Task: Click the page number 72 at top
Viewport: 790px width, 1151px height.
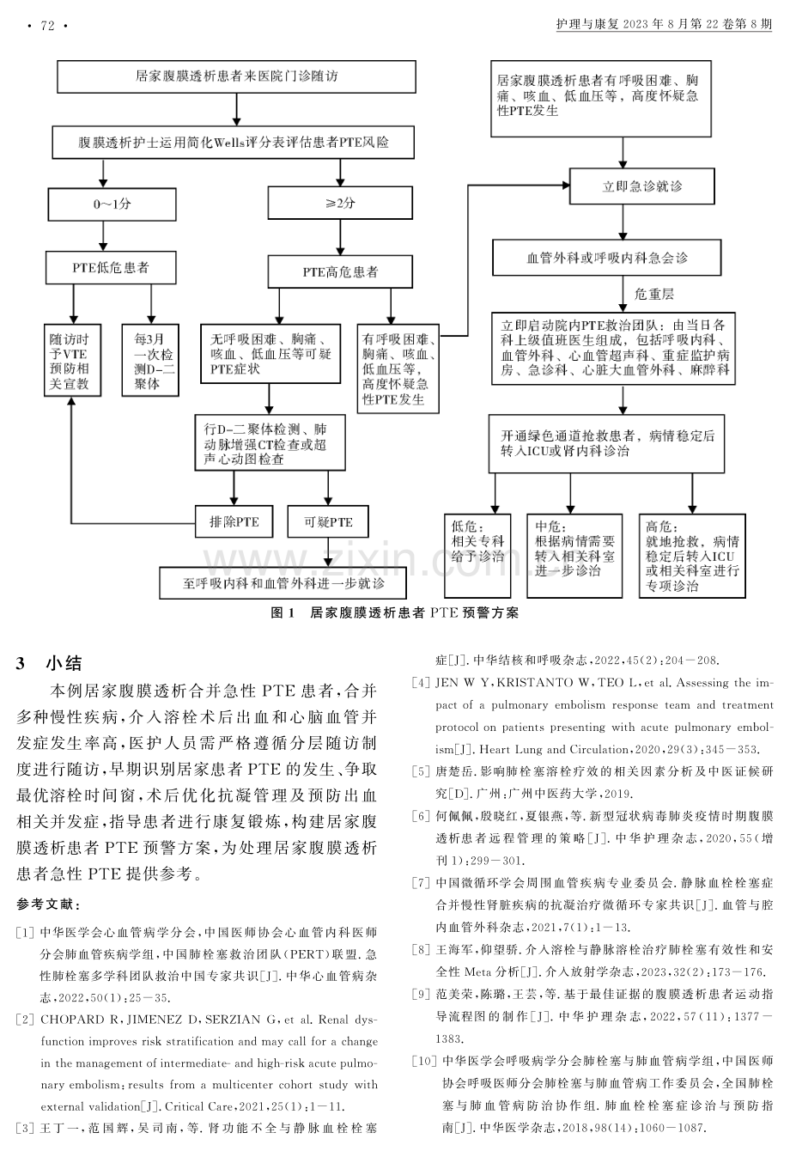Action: pos(47,25)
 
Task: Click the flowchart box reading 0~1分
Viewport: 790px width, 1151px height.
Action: pos(112,204)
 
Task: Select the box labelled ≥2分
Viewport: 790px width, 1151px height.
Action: pos(340,203)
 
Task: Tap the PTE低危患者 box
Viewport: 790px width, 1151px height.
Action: pos(111,268)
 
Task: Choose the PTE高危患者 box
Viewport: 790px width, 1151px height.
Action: pos(340,271)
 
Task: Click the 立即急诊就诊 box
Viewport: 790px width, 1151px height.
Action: pos(642,186)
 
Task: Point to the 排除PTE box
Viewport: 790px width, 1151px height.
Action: pos(234,522)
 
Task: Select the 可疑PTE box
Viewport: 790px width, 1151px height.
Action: pos(328,522)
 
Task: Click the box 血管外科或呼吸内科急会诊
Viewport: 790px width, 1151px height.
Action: pos(606,258)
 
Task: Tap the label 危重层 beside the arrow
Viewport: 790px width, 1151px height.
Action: pos(653,294)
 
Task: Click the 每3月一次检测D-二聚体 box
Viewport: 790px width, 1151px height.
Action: pos(150,360)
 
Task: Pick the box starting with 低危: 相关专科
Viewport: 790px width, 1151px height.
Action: pos(477,556)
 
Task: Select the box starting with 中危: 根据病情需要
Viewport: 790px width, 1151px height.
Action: pos(574,556)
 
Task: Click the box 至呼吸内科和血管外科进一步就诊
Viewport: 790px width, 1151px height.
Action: pos(283,583)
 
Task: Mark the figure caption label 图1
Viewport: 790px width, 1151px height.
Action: pos(283,613)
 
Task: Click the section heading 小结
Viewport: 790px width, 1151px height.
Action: pos(64,663)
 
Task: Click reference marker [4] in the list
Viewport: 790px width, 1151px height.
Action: pos(421,683)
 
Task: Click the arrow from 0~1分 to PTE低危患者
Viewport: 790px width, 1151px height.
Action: pos(103,236)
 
